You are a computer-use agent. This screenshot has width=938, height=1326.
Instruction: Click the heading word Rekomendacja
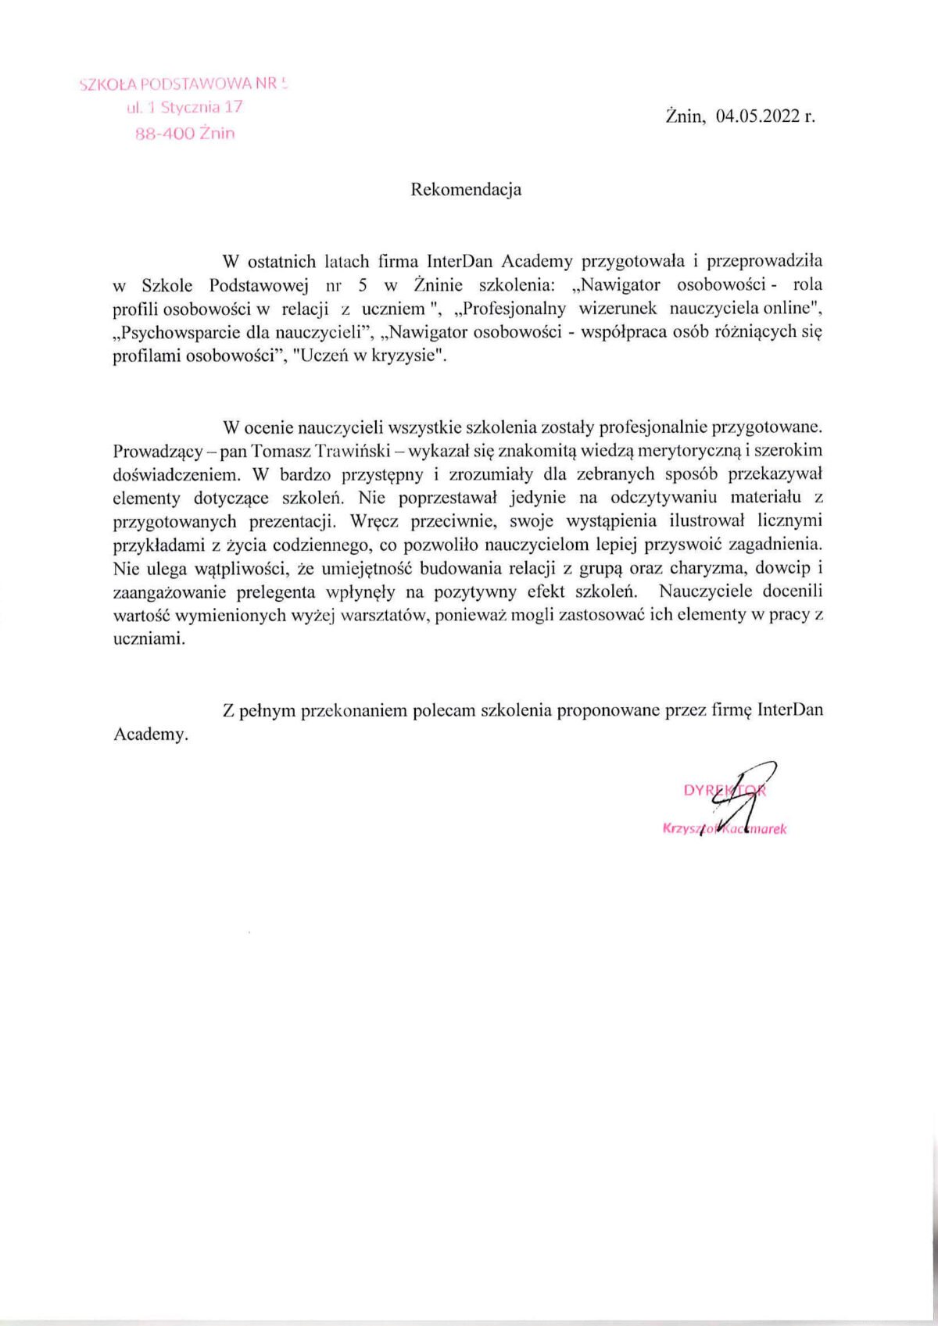tap(466, 189)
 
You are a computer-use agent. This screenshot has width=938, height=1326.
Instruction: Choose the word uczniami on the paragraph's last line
tap(149, 638)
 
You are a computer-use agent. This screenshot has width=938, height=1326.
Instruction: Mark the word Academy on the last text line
tap(150, 734)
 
